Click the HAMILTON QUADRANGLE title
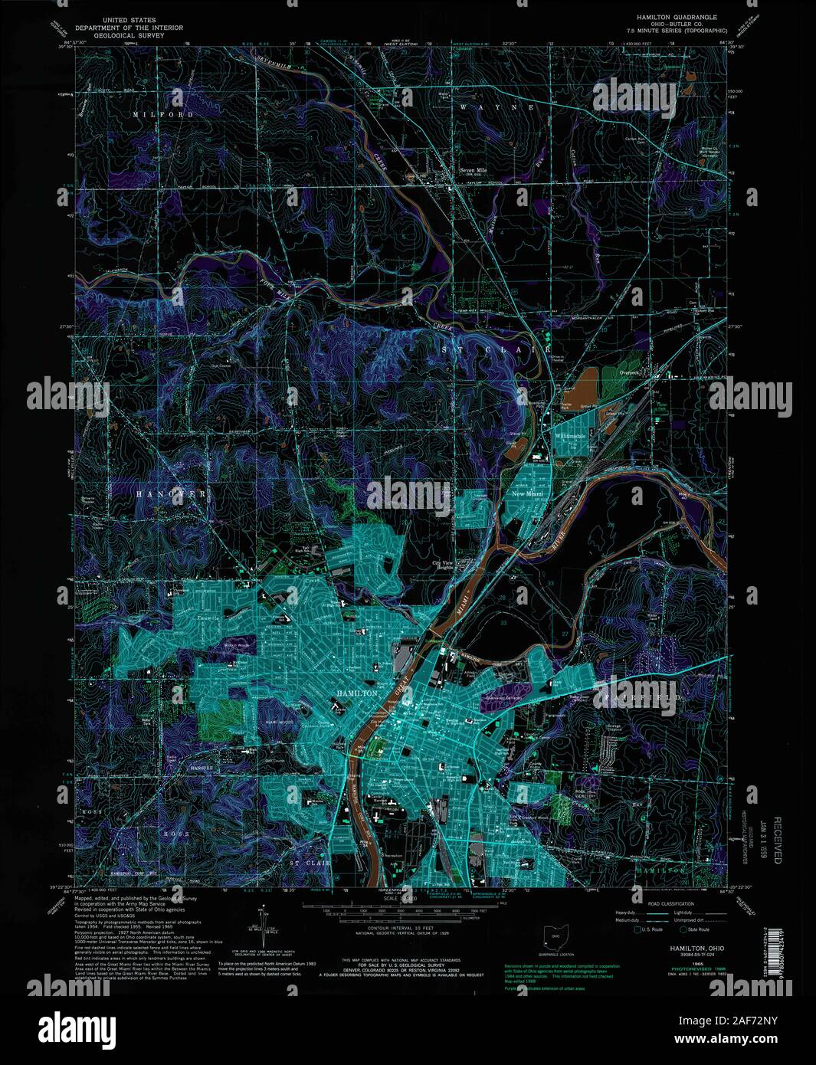point(677,15)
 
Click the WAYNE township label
point(497,108)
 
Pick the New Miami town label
point(528,495)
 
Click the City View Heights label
point(442,566)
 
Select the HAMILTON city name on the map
point(356,693)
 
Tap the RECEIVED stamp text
point(777,840)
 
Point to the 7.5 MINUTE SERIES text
point(677,30)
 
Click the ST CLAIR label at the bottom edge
point(310,863)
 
